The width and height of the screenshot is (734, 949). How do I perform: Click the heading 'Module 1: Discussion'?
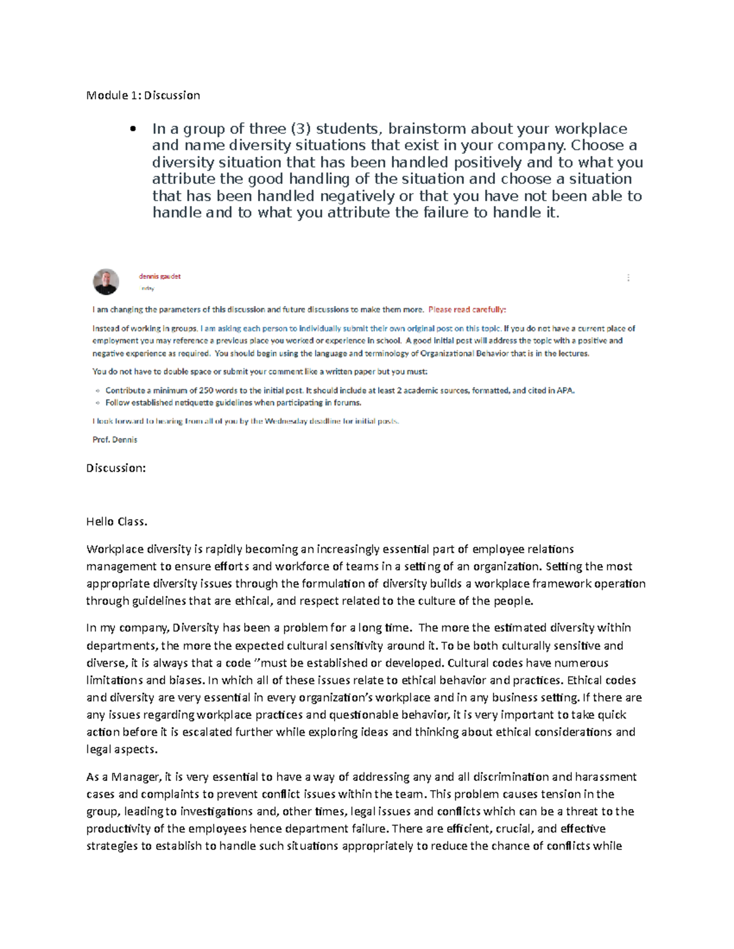point(143,95)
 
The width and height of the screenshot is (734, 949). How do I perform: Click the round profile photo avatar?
point(106,282)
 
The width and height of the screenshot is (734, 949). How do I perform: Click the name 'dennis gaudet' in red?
point(160,276)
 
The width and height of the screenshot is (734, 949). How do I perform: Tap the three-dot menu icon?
point(628,278)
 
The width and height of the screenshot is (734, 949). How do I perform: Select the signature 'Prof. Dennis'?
point(114,439)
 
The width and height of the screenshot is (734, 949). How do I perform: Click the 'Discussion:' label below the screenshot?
point(116,468)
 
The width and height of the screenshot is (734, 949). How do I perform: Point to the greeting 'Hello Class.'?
point(117,522)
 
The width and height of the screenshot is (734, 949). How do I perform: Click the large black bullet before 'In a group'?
point(132,130)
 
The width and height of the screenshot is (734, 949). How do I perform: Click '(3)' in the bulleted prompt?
point(300,129)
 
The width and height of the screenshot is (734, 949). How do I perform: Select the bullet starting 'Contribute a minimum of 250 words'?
point(339,390)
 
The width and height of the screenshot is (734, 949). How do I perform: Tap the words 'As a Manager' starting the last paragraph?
point(122,777)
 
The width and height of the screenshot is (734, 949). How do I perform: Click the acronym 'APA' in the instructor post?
point(566,390)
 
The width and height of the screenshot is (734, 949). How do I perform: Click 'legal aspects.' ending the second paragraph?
point(122,749)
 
